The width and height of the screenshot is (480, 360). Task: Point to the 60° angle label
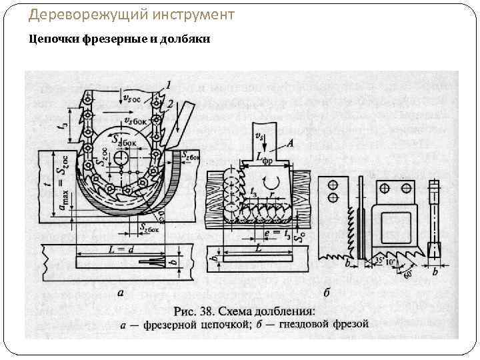tap(408, 273)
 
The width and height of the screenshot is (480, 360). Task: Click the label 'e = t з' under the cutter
tap(275, 233)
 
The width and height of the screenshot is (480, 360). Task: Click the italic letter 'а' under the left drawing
tap(119, 291)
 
